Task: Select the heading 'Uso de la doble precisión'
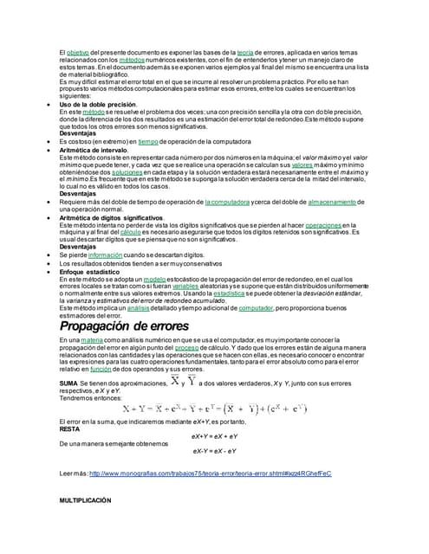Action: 98,105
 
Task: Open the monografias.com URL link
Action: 211,473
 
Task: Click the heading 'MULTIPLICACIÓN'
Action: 85,501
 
